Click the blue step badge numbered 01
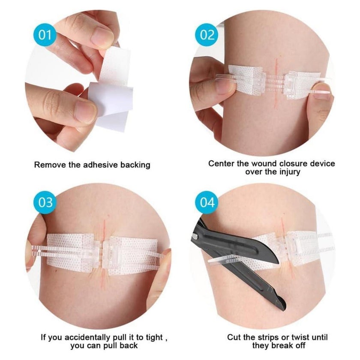[x=45, y=35]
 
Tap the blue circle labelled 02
[x=207, y=35]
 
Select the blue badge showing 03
[x=45, y=202]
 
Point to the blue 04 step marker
[x=207, y=202]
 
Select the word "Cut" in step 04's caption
[x=234, y=337]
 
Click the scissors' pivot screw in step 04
[x=195, y=236]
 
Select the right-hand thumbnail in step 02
[x=321, y=90]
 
